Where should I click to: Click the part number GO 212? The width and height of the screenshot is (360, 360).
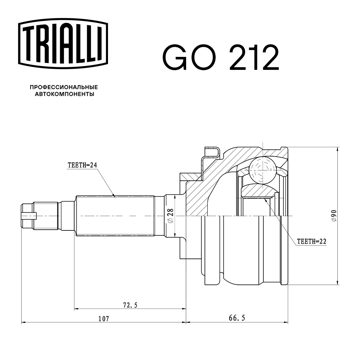pos(221,57)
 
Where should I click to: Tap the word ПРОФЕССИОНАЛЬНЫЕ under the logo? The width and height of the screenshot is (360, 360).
pos(64,87)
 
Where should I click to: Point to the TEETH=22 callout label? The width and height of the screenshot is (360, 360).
pos(311,242)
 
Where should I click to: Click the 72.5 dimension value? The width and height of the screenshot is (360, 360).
pos(130,305)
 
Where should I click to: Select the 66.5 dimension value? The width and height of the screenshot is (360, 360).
pos(237,318)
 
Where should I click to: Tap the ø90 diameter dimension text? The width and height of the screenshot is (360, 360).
pos(334,216)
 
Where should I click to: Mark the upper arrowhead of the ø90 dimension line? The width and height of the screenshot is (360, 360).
pos(338,149)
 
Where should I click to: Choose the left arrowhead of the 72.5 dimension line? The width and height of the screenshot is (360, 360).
pos(76,309)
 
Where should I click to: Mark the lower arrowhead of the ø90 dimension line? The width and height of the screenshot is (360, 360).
pos(338,283)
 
